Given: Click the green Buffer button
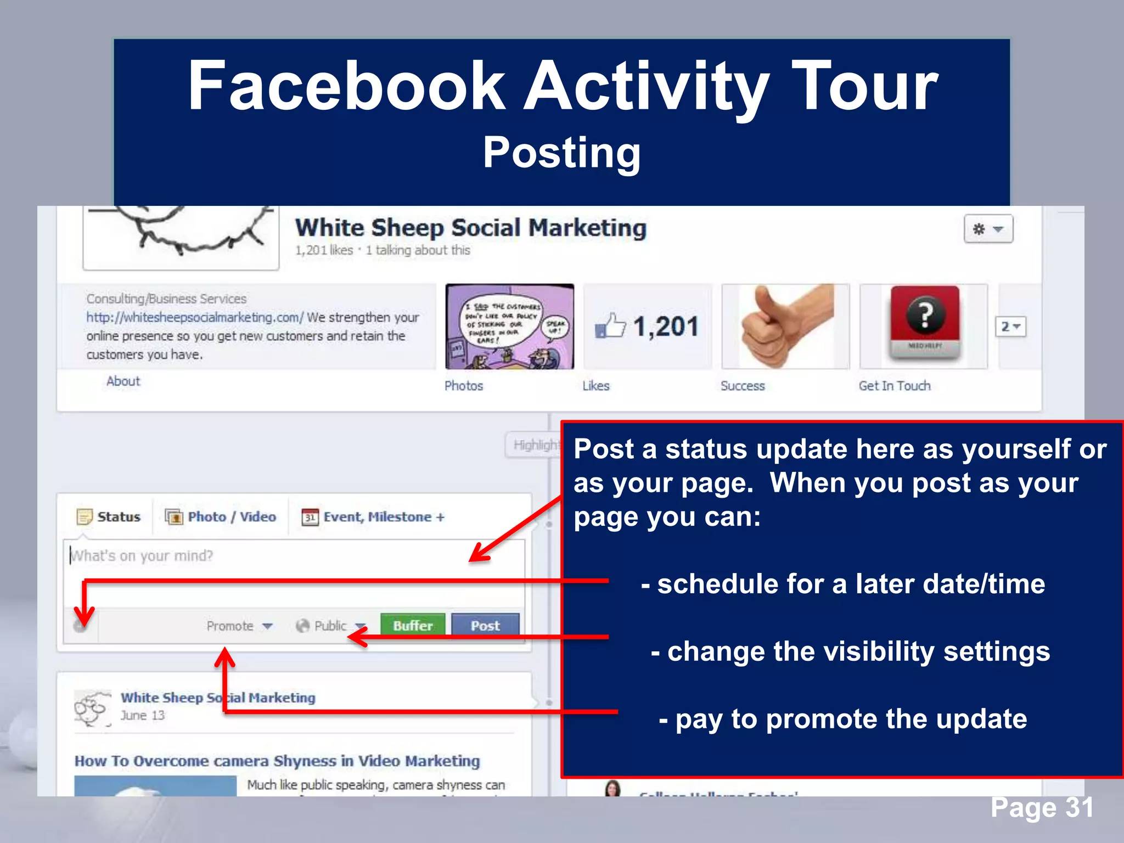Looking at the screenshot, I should click(x=413, y=625).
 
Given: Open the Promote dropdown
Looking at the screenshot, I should click(x=239, y=626).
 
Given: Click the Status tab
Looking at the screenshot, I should click(x=109, y=517).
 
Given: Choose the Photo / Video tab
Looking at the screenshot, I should click(x=221, y=517).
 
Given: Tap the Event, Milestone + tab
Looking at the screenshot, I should click(x=373, y=517).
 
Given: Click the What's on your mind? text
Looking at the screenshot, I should click(x=142, y=556).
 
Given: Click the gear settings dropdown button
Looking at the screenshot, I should click(x=988, y=229).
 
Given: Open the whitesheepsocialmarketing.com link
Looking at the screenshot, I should click(x=194, y=317).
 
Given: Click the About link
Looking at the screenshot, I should click(x=123, y=381).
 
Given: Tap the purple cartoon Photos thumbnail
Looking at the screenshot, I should click(x=510, y=327).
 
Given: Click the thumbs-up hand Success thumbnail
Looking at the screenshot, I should click(x=785, y=327).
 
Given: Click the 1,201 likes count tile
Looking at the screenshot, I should click(x=648, y=327).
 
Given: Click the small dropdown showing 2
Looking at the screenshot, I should click(x=1010, y=327).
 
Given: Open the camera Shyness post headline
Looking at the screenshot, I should click(x=277, y=761).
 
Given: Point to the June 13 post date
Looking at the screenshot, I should click(x=143, y=716).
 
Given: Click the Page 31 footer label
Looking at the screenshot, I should click(x=1042, y=807).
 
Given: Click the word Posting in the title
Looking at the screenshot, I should click(x=561, y=153).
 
